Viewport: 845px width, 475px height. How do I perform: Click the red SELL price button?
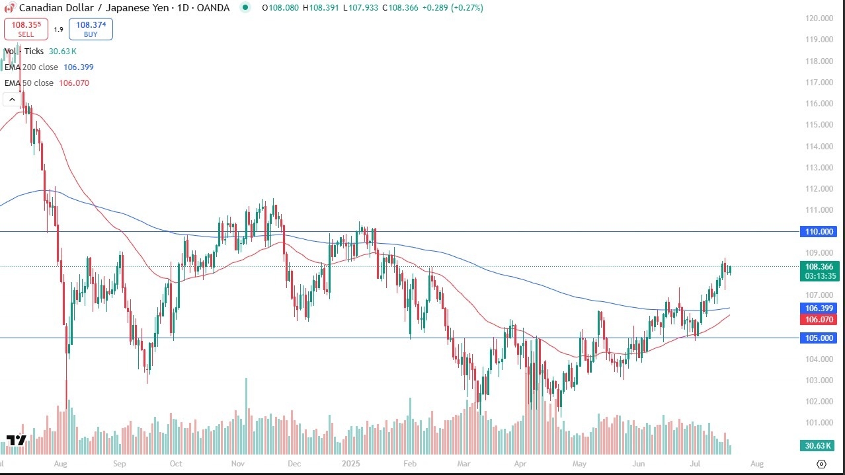click(26, 29)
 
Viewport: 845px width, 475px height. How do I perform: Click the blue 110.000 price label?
click(819, 232)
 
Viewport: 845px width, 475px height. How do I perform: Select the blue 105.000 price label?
click(819, 338)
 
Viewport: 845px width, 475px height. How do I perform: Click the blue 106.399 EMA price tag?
click(819, 309)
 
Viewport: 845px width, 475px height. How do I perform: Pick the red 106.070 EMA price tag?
click(819, 320)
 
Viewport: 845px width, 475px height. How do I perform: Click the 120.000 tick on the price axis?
click(819, 18)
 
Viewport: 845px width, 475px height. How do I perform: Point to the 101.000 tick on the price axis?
click(819, 423)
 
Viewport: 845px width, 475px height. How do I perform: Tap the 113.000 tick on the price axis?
click(819, 168)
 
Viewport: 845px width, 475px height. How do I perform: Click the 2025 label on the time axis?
click(350, 464)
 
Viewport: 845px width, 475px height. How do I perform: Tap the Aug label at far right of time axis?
click(757, 464)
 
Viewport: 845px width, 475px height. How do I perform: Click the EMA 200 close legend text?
click(40, 67)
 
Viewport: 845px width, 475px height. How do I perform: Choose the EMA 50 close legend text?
click(46, 83)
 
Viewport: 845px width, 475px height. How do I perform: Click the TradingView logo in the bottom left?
click(16, 441)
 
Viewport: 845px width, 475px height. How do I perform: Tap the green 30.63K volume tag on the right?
click(819, 446)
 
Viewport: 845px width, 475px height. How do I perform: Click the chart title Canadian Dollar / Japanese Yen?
click(86, 8)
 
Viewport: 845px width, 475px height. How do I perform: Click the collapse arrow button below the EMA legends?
click(11, 99)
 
